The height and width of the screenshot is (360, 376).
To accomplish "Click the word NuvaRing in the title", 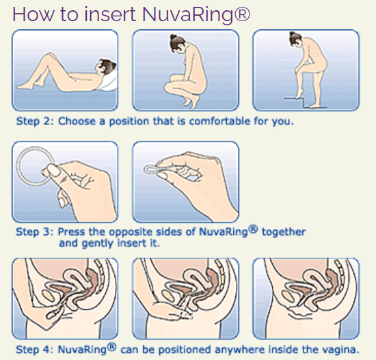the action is [187, 15].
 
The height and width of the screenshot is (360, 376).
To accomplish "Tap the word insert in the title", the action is [110, 14].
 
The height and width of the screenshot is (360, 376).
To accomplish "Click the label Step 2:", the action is [35, 121].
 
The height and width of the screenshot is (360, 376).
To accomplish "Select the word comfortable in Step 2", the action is [219, 121].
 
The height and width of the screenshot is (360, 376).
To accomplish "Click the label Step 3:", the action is [35, 232].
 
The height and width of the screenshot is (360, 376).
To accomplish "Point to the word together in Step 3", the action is [284, 232].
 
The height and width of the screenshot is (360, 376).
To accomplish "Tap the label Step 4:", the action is [35, 350].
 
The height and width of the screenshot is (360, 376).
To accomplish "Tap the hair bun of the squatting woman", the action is [173, 37].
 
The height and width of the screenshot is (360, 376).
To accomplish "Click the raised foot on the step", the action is [299, 96].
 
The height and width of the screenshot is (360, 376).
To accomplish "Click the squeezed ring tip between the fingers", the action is [148, 169].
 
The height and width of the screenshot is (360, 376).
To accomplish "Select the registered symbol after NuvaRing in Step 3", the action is [253, 229].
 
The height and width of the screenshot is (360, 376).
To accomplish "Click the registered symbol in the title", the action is [242, 14].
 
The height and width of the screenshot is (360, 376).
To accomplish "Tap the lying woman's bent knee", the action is [50, 54].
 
